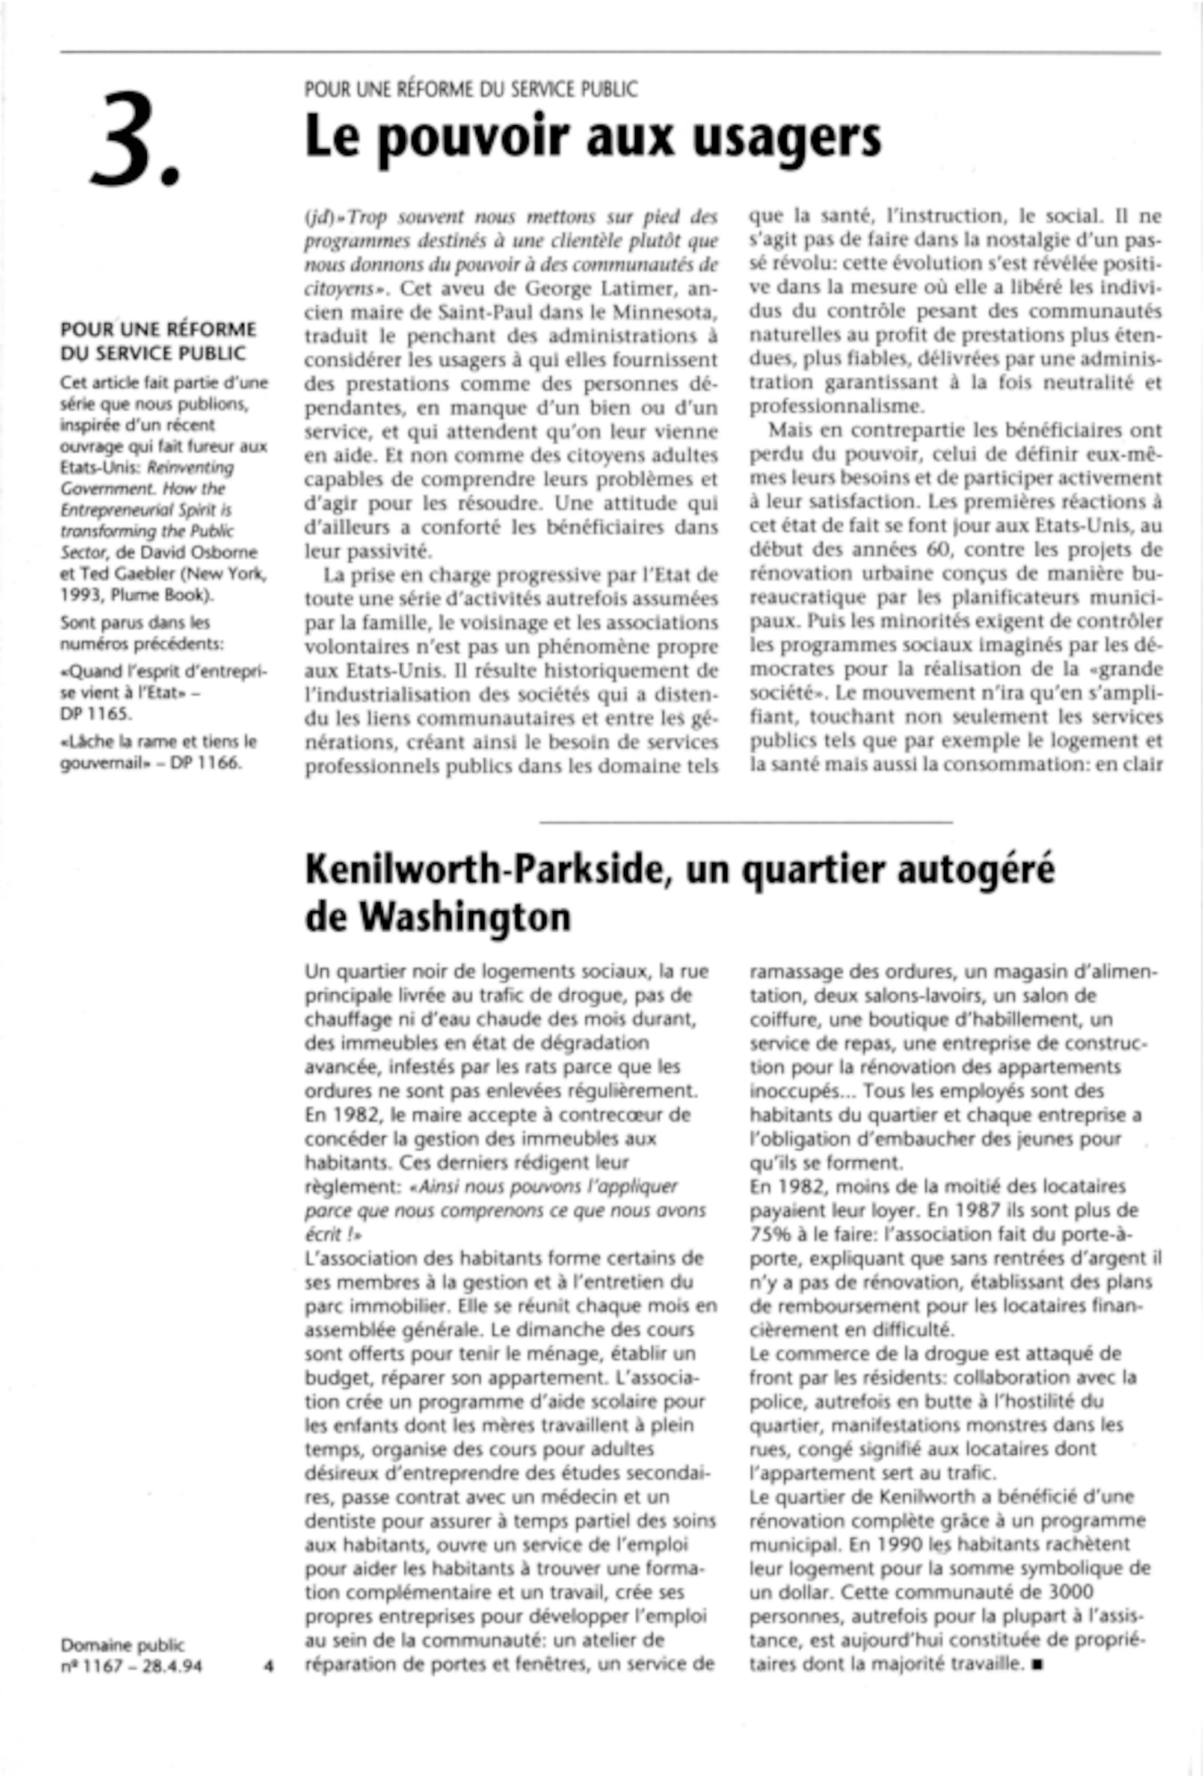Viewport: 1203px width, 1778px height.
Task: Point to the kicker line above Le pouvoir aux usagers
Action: (x=470, y=90)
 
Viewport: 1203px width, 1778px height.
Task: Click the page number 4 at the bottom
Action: (x=268, y=1665)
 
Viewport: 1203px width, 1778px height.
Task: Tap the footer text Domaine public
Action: (x=122, y=1645)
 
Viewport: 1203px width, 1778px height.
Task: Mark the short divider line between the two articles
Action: (x=746, y=822)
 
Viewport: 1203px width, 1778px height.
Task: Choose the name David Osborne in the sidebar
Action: (x=206, y=553)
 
